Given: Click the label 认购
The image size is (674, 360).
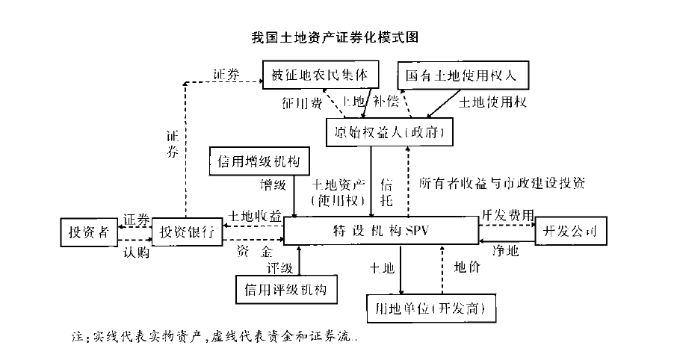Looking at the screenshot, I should (x=136, y=252).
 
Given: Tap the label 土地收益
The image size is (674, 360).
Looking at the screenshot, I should (x=255, y=216).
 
